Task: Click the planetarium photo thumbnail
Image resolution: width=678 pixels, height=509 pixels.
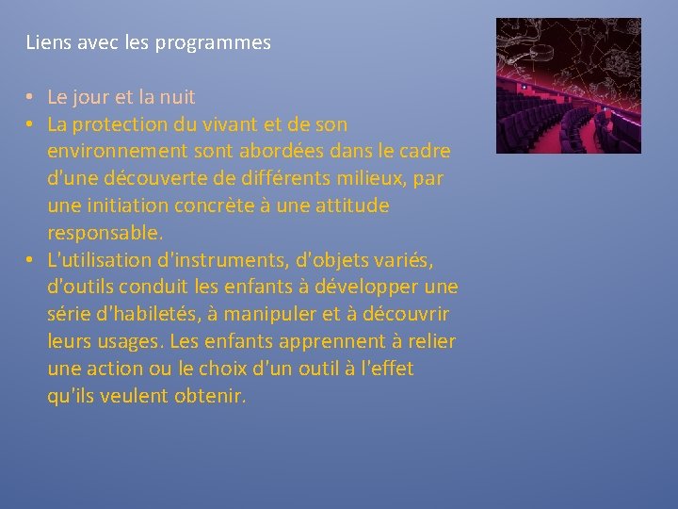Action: point(568,86)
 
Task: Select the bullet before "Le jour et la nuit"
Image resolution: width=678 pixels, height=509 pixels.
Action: point(30,97)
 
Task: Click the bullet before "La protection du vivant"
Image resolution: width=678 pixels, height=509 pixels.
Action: point(30,124)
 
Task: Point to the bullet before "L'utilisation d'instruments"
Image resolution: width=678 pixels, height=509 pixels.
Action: point(30,259)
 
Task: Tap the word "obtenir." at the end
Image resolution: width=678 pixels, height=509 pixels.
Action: point(210,395)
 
